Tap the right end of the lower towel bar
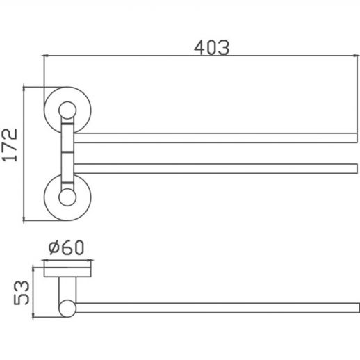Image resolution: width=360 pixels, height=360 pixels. [x=354, y=167]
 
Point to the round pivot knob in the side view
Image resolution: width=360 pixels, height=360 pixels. [x=67, y=306]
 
